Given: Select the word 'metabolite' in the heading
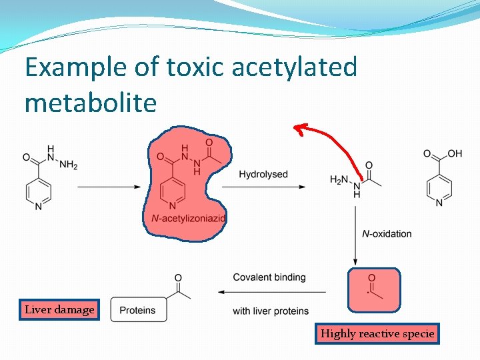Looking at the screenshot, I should tap(91, 103).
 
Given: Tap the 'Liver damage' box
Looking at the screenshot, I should tap(59, 310).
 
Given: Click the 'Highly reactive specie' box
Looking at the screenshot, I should tap(377, 333).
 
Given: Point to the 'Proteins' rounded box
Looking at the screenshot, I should tap(138, 310).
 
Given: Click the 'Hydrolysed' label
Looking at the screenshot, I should tap(263, 175).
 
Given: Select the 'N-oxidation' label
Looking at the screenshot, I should tap(387, 233).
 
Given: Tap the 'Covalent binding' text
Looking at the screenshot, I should tap(269, 277).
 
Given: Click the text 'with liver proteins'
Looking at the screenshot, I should tap(271, 311).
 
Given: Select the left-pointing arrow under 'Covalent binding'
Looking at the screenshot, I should tap(271, 292).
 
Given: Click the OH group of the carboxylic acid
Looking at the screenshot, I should tap(455, 154).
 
